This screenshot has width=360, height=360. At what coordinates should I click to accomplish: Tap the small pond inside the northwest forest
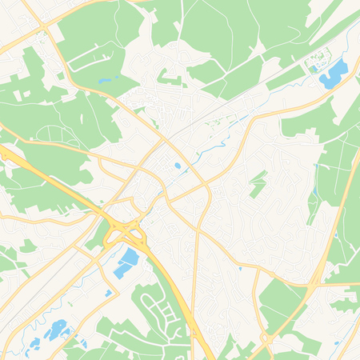click(104, 80)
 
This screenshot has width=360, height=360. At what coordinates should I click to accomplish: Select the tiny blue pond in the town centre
click(177, 166)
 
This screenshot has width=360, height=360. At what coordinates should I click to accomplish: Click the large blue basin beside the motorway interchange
click(126, 262)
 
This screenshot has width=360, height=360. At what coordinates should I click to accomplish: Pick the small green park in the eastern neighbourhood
click(257, 183)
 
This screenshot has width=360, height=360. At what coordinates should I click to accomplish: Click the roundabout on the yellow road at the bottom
click(267, 338)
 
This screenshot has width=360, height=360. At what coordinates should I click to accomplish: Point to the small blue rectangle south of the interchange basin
click(108, 293)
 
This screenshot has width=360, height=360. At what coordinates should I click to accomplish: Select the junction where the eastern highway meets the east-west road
click(318, 282)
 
